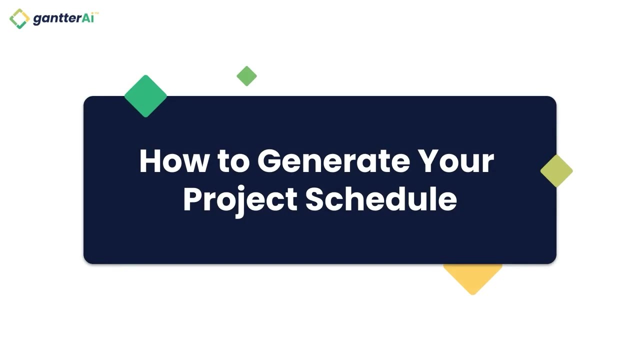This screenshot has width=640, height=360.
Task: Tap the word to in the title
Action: [x=233, y=161]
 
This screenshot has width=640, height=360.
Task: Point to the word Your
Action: [x=456, y=161]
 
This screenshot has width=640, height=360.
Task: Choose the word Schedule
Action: [x=381, y=198]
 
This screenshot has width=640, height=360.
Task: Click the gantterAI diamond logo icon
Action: [x=19, y=18]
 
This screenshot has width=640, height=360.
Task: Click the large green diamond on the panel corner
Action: [x=145, y=96]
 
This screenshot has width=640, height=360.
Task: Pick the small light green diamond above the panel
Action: [x=246, y=76]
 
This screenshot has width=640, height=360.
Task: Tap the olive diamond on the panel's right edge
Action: [x=556, y=171]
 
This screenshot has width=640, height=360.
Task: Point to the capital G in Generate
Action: [x=270, y=161]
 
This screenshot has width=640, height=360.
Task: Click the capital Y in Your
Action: [x=429, y=161]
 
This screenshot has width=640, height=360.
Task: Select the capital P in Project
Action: [x=192, y=199]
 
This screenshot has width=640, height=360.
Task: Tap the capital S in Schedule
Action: [x=316, y=199]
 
